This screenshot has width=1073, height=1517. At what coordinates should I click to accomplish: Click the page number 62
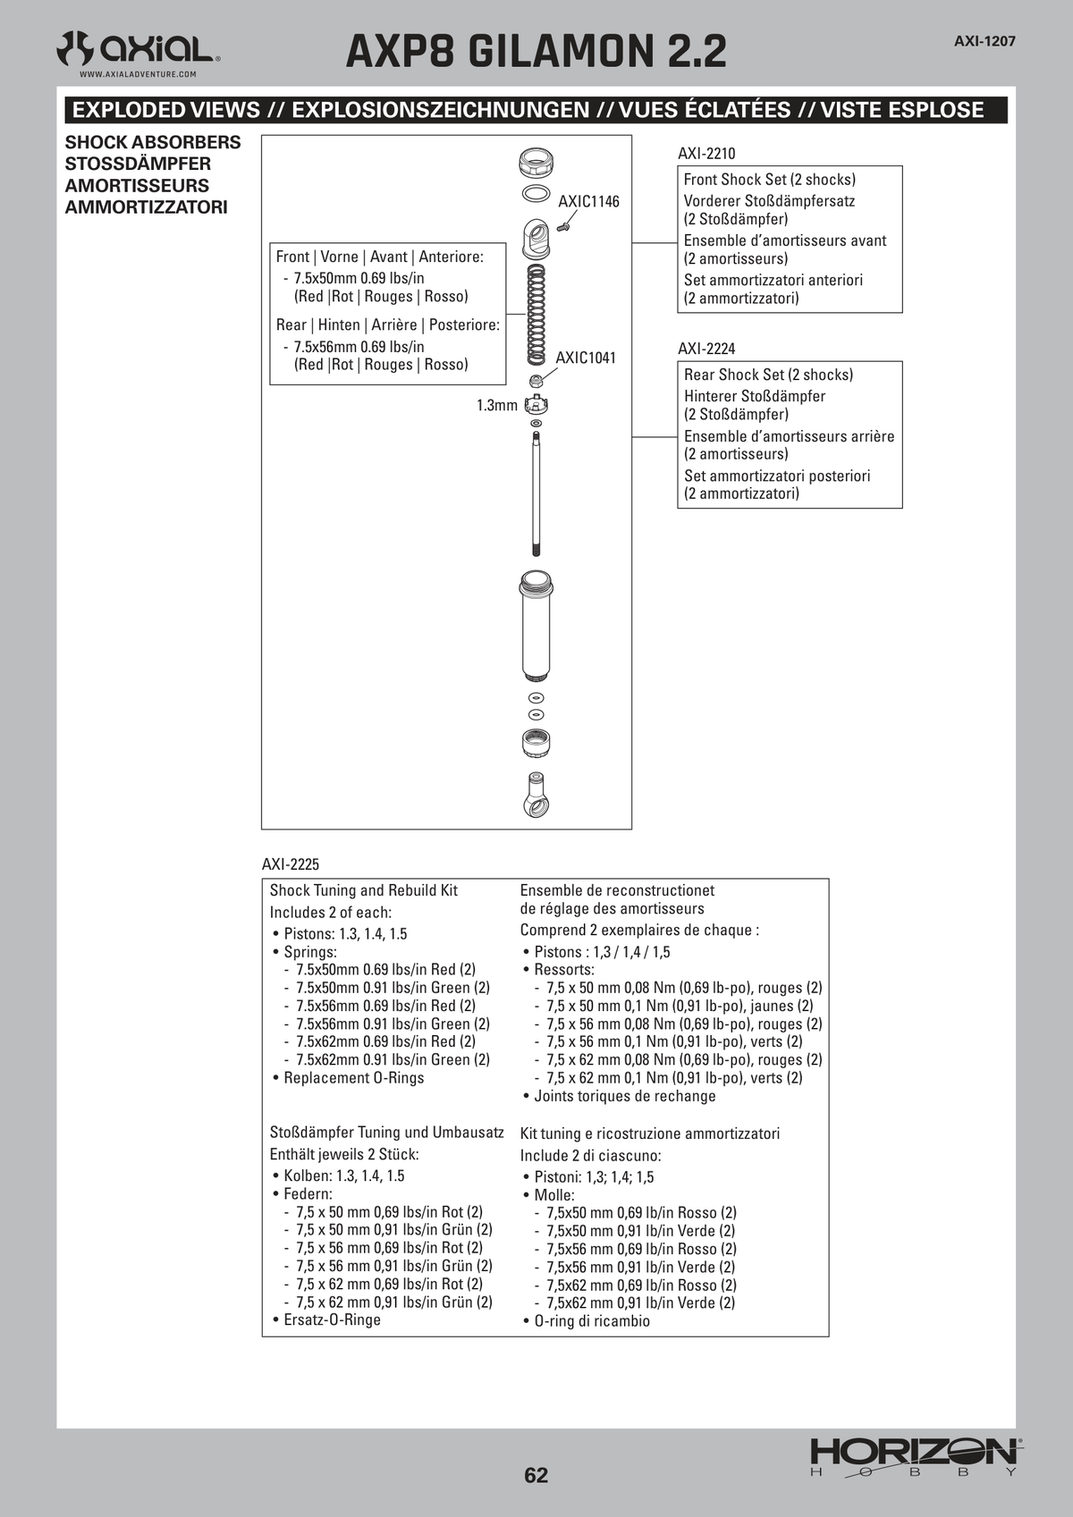pos(536,1475)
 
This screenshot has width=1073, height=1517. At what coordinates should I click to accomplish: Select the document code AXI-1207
pos(984,41)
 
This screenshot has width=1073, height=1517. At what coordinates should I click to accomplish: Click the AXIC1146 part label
pos(588,201)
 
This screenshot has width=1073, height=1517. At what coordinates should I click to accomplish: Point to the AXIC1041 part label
pos(586,358)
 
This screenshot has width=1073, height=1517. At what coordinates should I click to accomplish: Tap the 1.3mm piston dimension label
pos(496,405)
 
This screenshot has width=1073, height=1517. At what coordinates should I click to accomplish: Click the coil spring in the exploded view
pos(536,315)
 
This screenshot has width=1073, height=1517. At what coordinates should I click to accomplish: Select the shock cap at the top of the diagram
pos(536,164)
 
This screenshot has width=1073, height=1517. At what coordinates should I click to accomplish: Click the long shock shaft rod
pos(536,493)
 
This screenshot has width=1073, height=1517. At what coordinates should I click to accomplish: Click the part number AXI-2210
pos(705,154)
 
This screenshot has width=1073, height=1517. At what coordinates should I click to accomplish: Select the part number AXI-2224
pos(705,349)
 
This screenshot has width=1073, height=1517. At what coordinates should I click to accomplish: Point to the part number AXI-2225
pos(290,864)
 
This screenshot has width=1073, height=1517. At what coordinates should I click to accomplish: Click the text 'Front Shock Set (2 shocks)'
pos(770,180)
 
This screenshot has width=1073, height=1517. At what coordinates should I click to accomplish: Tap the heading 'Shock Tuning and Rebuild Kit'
pos(364,890)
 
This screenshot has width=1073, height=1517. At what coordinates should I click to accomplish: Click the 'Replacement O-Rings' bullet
pos(348,1077)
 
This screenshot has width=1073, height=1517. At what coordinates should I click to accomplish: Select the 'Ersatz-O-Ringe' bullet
pos(326,1319)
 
